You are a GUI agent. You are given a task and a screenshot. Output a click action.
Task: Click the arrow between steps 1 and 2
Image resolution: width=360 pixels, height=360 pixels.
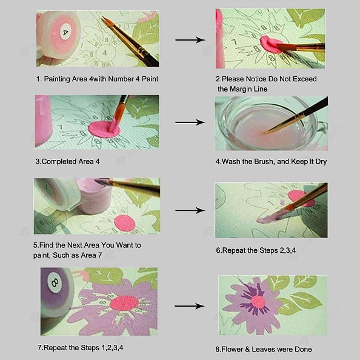pyautogui.click(x=190, y=40)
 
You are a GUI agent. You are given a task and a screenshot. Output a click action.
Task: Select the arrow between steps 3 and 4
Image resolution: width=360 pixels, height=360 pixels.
pyautogui.click(x=190, y=122)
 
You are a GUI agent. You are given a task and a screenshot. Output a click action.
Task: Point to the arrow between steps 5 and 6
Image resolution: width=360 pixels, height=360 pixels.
pyautogui.click(x=190, y=210)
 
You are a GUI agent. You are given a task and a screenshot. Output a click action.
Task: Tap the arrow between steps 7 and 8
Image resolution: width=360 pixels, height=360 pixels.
pyautogui.click(x=190, y=305)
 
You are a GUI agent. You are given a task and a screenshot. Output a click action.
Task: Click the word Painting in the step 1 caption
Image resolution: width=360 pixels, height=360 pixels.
pyautogui.click(x=60, y=79)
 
